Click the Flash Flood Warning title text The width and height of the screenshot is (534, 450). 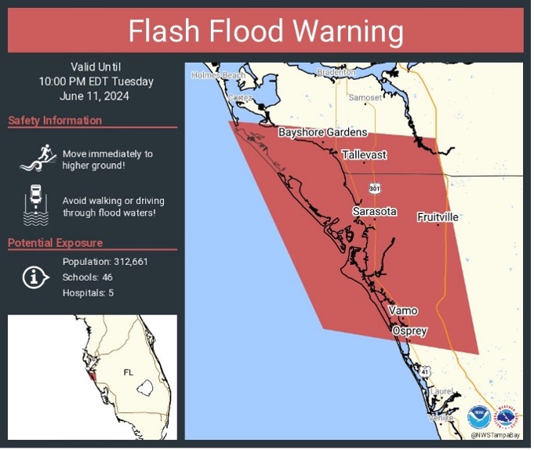tap(266, 32)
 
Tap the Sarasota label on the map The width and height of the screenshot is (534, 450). tap(374, 212)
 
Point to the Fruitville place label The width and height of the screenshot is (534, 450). tap(438, 216)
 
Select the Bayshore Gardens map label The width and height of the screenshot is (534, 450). tap(322, 132)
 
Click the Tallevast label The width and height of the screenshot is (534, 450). tap(364, 155)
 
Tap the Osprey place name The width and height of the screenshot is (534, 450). tap(409, 331)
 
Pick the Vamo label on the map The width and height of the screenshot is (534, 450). tap(403, 311)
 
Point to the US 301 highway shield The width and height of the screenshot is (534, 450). tap(375, 188)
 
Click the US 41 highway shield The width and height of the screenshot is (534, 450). tap(423, 370)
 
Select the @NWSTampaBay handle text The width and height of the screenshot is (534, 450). tap(495, 434)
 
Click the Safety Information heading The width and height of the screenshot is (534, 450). tap(55, 121)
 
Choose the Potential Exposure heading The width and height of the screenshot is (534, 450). tap(55, 243)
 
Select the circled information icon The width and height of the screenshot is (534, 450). tap(35, 277)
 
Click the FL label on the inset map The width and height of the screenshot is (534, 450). tap(129, 372)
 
